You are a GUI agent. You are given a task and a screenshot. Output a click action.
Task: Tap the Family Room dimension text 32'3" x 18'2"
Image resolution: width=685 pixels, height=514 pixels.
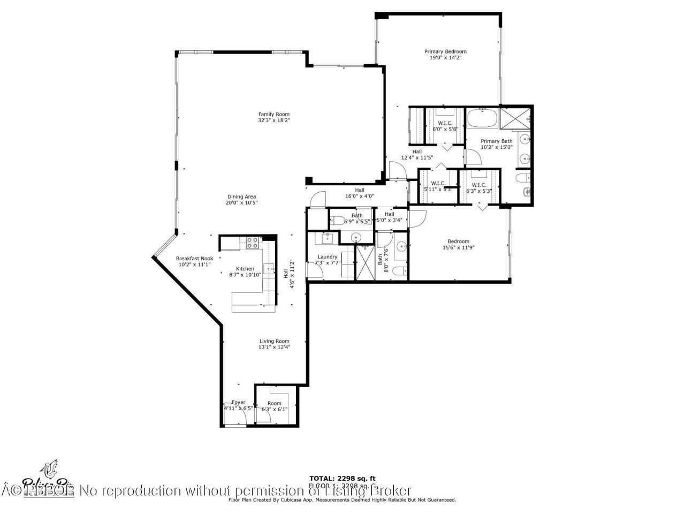pyautogui.click(x=274, y=121)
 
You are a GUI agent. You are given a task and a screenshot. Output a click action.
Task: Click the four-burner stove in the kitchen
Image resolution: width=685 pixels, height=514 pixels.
pyautogui.click(x=251, y=243)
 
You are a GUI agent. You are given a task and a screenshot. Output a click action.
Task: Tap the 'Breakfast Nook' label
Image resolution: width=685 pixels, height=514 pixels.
pyautogui.click(x=194, y=259)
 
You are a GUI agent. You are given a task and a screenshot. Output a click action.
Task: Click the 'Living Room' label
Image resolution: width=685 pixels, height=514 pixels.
pyautogui.click(x=274, y=341)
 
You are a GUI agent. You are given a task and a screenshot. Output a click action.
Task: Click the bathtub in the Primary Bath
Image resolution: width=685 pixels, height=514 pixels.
pyautogui.click(x=482, y=116)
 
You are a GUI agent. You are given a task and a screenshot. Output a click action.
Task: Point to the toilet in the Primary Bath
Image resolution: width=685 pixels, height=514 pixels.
pyautogui.click(x=522, y=178)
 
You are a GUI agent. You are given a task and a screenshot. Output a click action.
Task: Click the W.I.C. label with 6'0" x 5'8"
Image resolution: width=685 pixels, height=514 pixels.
pyautogui.click(x=445, y=123)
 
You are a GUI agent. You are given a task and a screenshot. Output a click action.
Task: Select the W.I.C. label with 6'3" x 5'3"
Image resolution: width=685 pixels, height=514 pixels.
pyautogui.click(x=479, y=185)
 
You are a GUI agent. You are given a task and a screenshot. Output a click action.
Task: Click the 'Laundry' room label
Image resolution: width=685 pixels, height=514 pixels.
pyautogui.click(x=327, y=257)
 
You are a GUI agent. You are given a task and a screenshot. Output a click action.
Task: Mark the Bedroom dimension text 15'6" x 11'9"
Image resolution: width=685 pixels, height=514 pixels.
pyautogui.click(x=459, y=247)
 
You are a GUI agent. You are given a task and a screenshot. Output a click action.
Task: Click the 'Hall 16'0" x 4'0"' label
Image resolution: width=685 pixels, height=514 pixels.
pyautogui.click(x=360, y=193)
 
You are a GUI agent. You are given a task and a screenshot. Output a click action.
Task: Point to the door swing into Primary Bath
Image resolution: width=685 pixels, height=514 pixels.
pyautogui.click(x=471, y=157)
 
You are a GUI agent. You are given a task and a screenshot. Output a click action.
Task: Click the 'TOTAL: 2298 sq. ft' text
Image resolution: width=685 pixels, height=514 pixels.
pyautogui.click(x=342, y=478)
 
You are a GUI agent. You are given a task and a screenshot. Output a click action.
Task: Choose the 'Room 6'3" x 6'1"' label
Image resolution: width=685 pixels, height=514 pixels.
pyautogui.click(x=274, y=406)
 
